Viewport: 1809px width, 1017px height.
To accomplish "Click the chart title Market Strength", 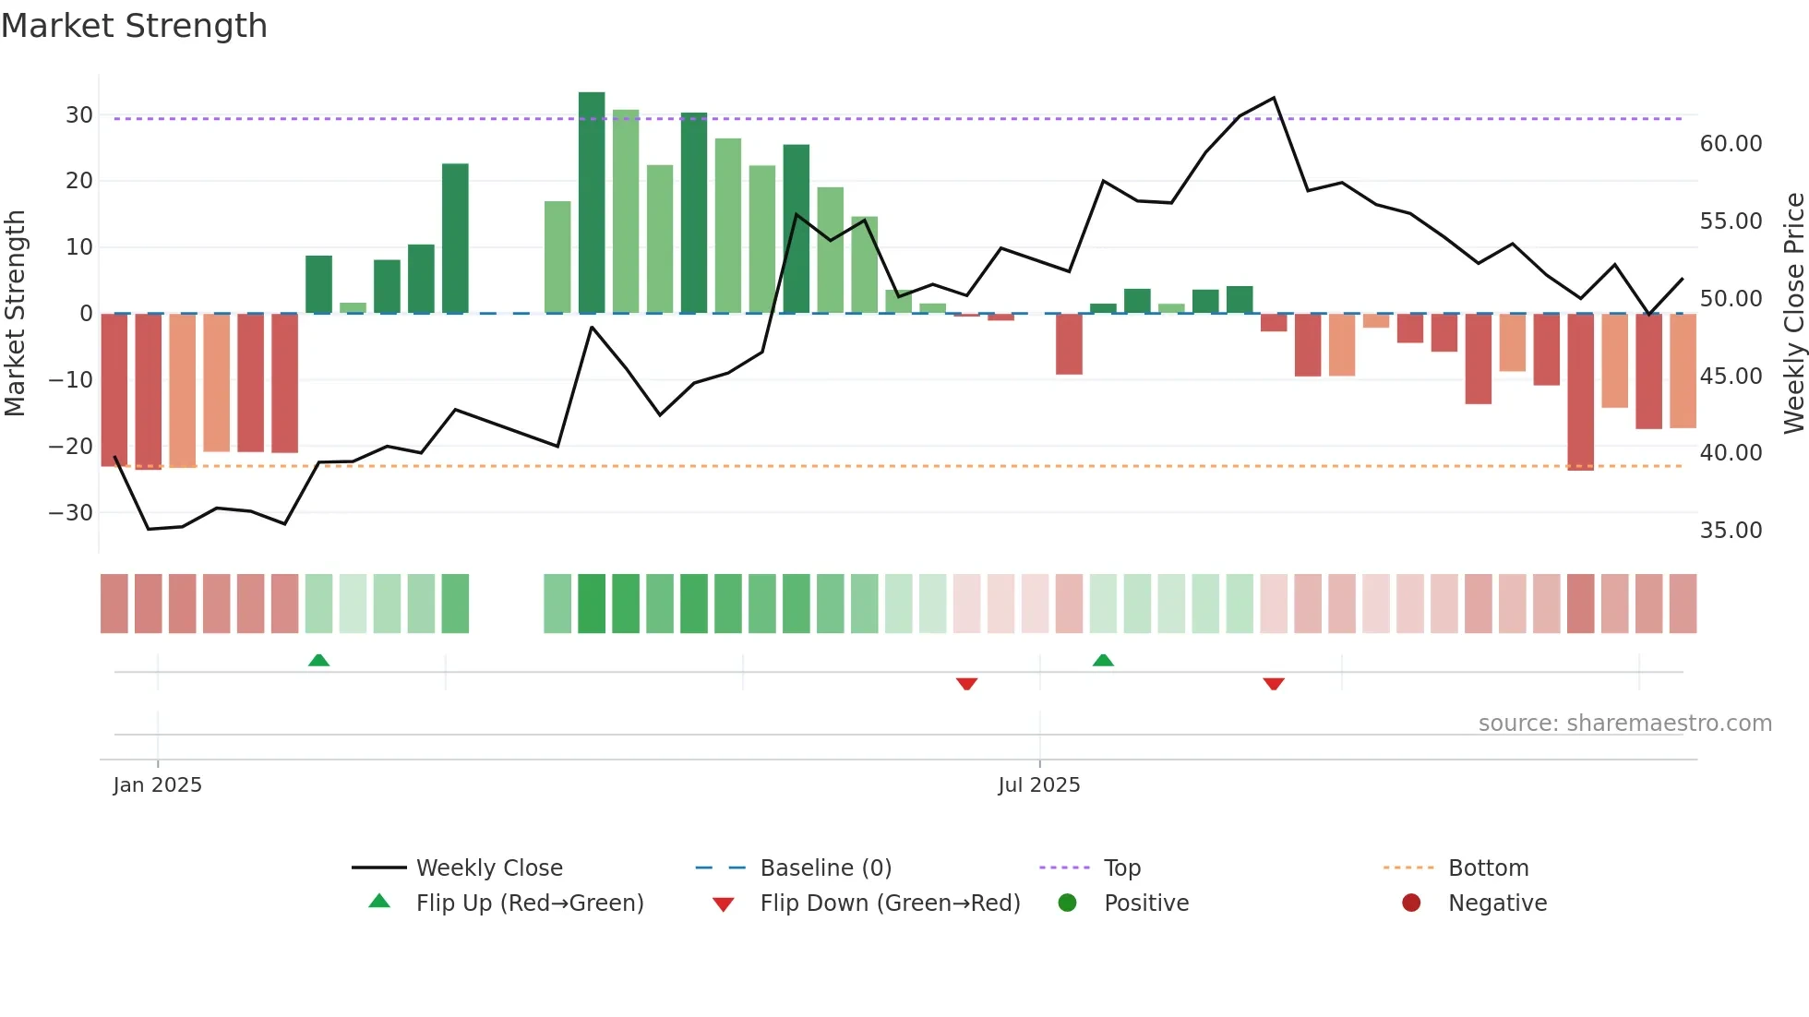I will click(134, 26).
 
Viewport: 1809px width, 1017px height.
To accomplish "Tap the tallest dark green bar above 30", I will click(592, 203).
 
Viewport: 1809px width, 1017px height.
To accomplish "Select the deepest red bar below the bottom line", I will click(1580, 392).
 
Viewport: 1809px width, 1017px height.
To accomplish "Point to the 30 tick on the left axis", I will click(79, 115).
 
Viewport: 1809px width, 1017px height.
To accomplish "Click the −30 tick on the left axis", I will click(72, 513).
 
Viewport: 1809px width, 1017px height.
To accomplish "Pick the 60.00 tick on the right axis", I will click(1731, 144).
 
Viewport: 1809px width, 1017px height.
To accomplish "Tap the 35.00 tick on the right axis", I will click(1731, 531).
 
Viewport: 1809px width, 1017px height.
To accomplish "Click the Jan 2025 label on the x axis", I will click(158, 785).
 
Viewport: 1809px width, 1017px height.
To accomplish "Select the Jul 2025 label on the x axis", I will click(1039, 785).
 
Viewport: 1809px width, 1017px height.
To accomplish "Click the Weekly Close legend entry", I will click(488, 868).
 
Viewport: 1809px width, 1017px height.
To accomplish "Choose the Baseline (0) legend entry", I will click(825, 868).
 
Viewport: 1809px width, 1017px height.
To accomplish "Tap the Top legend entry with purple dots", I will click(1121, 868).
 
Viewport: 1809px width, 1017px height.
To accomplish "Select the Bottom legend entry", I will click(1488, 868).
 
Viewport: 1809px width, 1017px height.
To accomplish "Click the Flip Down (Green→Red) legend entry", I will click(889, 903).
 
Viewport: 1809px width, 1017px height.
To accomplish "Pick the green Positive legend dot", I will click(1068, 903).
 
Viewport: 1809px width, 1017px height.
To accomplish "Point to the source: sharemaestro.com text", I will click(1624, 724).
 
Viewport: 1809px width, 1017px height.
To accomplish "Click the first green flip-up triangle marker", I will click(318, 660).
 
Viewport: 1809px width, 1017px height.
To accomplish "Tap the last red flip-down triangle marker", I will click(1274, 684).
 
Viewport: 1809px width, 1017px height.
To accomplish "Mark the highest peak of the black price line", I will click(1274, 98).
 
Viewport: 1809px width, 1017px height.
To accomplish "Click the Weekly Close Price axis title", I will click(1793, 314).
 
